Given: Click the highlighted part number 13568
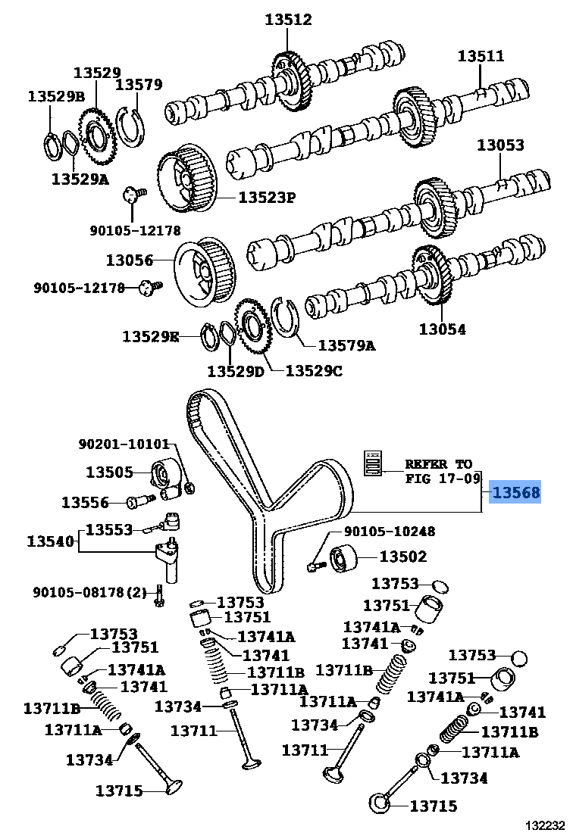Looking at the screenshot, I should pyautogui.click(x=516, y=494).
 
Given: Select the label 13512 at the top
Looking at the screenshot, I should pyautogui.click(x=288, y=20).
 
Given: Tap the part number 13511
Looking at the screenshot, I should pyautogui.click(x=481, y=56).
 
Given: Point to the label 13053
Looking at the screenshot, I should pyautogui.click(x=499, y=145).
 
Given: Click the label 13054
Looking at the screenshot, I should pyautogui.click(x=442, y=329).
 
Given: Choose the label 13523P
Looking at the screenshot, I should pyautogui.click(x=266, y=198).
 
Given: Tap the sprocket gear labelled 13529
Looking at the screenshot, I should pyautogui.click(x=96, y=138).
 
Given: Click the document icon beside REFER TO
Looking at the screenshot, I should pyautogui.click(x=373, y=463).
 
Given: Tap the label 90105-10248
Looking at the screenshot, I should pyautogui.click(x=390, y=532).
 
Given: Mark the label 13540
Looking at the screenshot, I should pyautogui.click(x=51, y=541).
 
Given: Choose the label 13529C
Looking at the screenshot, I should pyautogui.click(x=314, y=371).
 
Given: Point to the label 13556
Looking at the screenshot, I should pyautogui.click(x=85, y=502).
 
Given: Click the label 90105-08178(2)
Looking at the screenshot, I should pyautogui.click(x=89, y=591).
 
